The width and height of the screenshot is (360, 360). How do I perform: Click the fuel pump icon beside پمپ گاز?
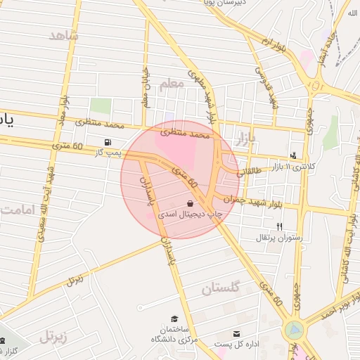point(108,142)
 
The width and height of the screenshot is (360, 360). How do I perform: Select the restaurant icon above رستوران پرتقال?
point(280,226)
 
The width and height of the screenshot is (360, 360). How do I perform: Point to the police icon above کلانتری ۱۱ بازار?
point(293,155)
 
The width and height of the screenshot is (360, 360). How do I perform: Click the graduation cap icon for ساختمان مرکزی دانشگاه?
point(174,319)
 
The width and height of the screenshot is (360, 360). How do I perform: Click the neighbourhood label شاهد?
point(65,36)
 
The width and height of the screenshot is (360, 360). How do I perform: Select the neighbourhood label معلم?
point(171,84)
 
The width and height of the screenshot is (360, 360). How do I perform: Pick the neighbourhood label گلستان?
point(221,288)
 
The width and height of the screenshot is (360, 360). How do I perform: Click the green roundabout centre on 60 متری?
point(295,329)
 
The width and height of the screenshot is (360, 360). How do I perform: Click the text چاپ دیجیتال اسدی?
point(188,212)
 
